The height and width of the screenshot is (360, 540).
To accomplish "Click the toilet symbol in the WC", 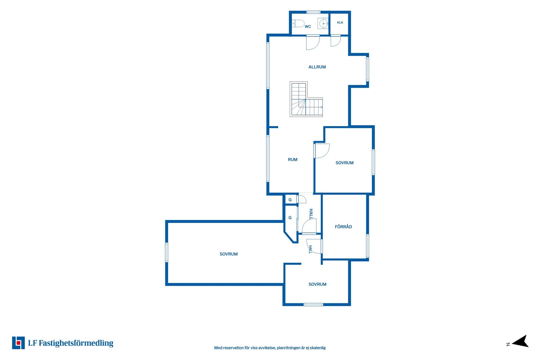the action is point(298,23).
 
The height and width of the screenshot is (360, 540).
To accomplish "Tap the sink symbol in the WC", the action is point(323,23).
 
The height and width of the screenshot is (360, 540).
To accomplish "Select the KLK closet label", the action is point(340,22).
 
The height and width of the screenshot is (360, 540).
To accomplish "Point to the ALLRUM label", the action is point(317,67).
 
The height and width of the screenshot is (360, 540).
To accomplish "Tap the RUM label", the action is point(292,159).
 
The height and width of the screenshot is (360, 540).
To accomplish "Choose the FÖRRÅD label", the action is point(343,227).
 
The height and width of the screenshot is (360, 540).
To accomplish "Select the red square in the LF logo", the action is point(18,343).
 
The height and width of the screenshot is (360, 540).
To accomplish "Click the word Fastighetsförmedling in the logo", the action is point(76,343).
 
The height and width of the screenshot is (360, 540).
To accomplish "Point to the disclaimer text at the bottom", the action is point(270,348).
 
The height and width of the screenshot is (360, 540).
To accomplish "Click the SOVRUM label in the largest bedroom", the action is point(228,254).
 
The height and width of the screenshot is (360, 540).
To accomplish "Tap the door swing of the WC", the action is point(313,42).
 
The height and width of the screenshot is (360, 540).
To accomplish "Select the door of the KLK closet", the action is point(336,41).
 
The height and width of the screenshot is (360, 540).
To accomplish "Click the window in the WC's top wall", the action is point(313,12).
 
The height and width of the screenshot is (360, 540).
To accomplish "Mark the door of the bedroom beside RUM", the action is point(322,151).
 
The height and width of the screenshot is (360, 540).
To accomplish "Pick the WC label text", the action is point(308,26).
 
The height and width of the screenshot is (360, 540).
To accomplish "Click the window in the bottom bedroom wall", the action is point(313,305).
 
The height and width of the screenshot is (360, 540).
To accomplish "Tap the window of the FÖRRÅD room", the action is point(367,246).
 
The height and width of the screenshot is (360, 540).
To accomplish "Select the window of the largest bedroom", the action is point(166,252).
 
